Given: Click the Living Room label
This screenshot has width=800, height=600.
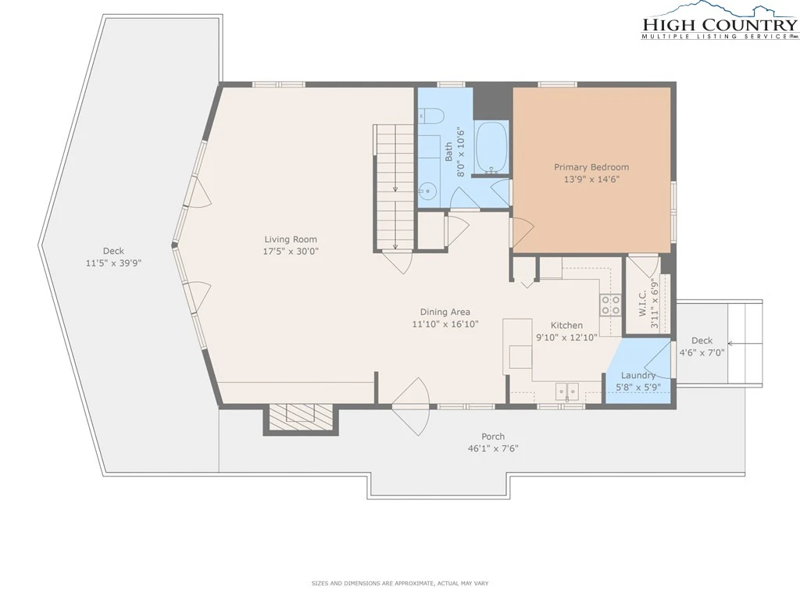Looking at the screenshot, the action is pyautogui.click(x=291, y=239).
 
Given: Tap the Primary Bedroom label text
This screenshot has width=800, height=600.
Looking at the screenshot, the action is pyautogui.click(x=591, y=167).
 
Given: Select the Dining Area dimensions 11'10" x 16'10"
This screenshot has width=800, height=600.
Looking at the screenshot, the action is pyautogui.click(x=445, y=324).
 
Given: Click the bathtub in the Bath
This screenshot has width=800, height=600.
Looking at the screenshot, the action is pyautogui.click(x=491, y=147).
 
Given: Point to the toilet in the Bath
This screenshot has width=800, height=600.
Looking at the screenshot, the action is pyautogui.click(x=430, y=116).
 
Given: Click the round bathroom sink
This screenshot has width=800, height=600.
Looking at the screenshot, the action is pyautogui.click(x=427, y=192).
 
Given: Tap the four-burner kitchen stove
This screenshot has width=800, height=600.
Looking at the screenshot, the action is pyautogui.click(x=610, y=305).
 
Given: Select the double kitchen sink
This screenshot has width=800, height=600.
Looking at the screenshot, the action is pyautogui.click(x=566, y=392).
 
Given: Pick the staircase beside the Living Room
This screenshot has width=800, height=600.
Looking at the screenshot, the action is pyautogui.click(x=395, y=187).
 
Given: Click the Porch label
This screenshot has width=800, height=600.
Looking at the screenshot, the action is pyautogui.click(x=493, y=436).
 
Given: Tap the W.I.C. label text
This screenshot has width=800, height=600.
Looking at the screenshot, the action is pyautogui.click(x=643, y=303).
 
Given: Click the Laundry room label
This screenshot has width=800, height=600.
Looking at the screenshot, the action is pyautogui.click(x=637, y=376).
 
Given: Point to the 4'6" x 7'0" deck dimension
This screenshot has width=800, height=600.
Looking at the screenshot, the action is pyautogui.click(x=702, y=352).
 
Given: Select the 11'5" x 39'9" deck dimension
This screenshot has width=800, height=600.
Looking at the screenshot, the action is pyautogui.click(x=113, y=263).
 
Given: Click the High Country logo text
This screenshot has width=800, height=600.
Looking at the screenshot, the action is pyautogui.click(x=720, y=24).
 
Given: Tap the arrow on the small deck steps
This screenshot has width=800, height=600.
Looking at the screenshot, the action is pyautogui.click(x=745, y=344).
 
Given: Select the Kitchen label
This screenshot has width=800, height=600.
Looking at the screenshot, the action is pyautogui.click(x=566, y=325).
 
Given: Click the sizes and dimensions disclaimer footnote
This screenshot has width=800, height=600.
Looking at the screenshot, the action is pyautogui.click(x=400, y=583).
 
